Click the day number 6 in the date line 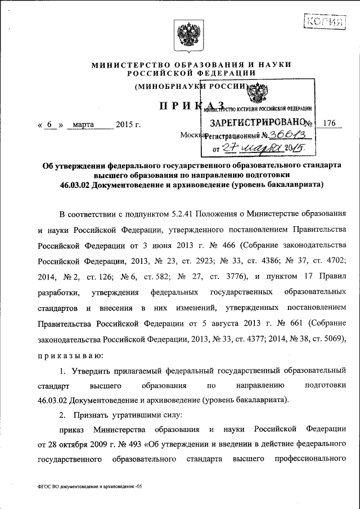(x=49, y=124)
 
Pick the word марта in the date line (x=84, y=124)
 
